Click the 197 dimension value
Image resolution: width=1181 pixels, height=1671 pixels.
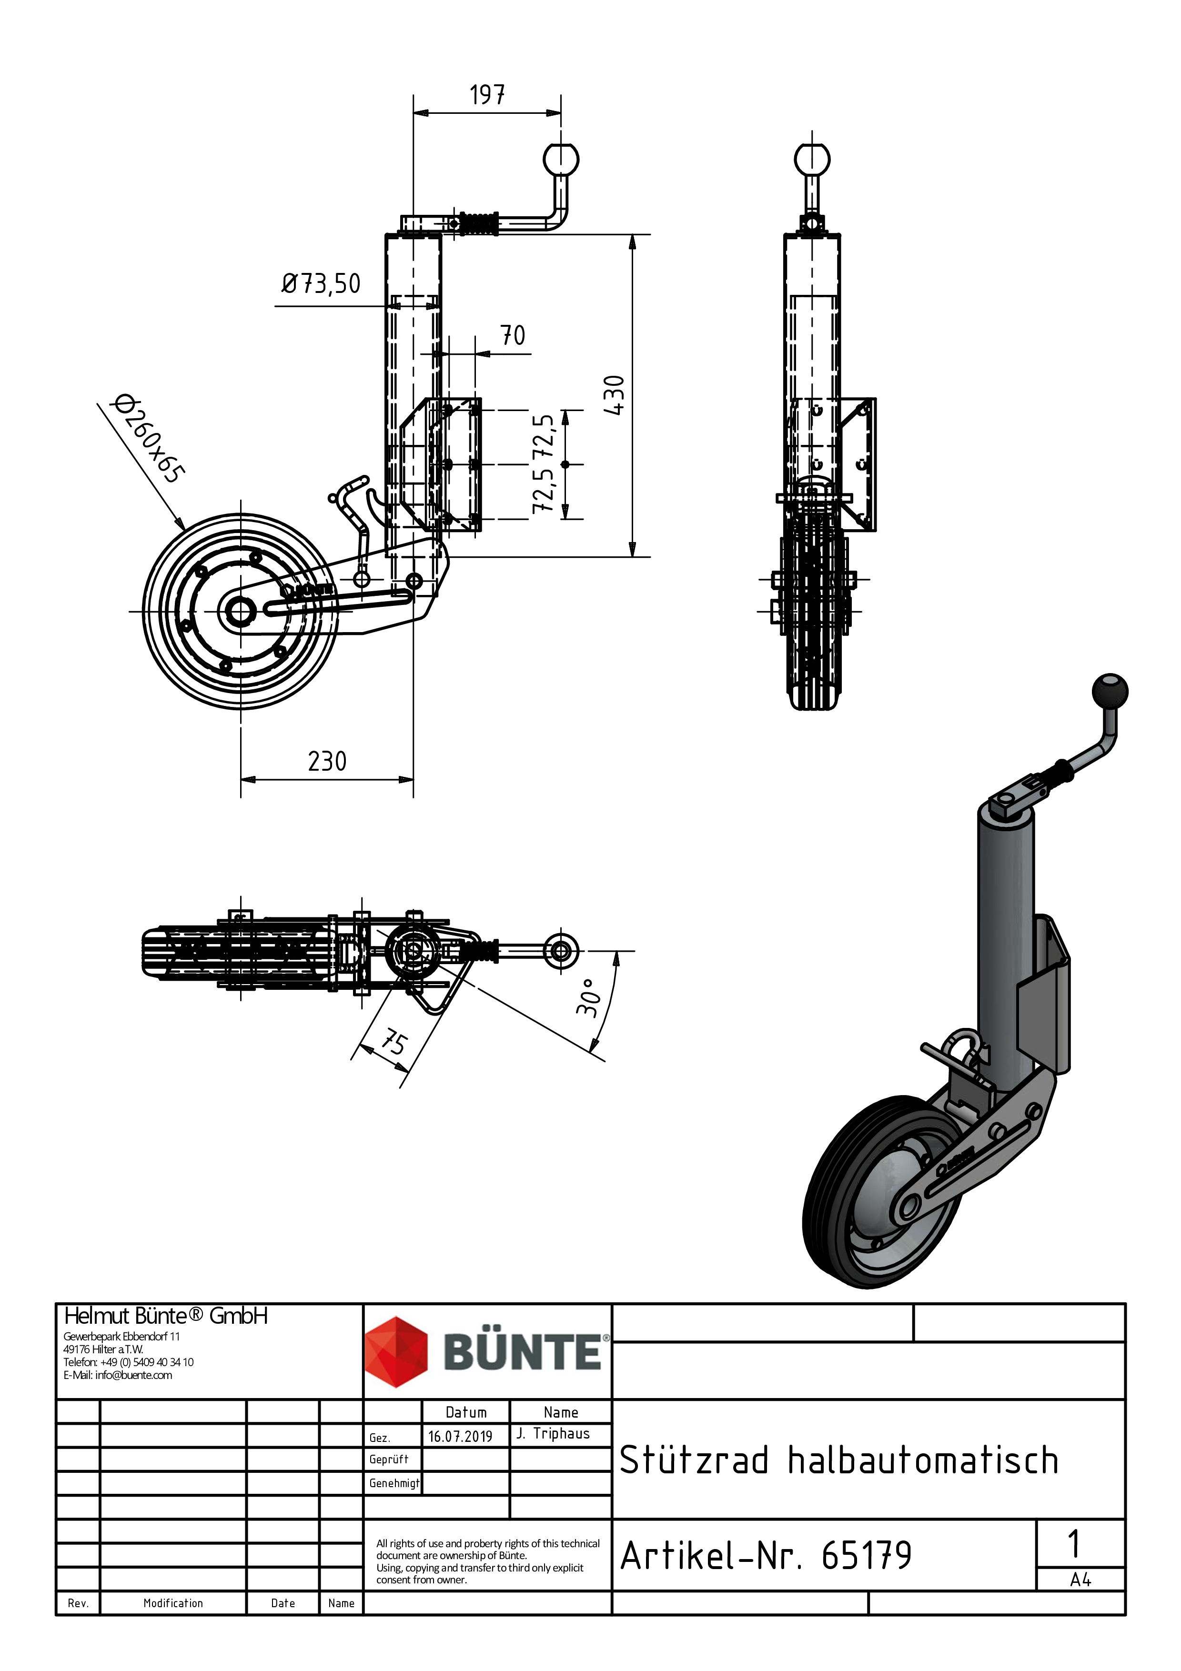pyautogui.click(x=487, y=95)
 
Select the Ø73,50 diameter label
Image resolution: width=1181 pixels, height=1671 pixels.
pyautogui.click(x=321, y=284)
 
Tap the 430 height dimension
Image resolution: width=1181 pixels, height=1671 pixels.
pyautogui.click(x=614, y=395)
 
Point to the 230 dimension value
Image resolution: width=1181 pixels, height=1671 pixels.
pyautogui.click(x=327, y=761)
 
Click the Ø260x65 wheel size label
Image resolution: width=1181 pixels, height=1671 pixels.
pyautogui.click(x=148, y=439)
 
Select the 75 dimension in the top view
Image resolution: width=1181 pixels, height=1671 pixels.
pyautogui.click(x=394, y=1042)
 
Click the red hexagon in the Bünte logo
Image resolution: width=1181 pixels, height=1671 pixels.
pyautogui.click(x=396, y=1351)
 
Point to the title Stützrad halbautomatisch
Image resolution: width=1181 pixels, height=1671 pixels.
pyautogui.click(x=838, y=1460)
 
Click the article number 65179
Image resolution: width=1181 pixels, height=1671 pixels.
pyautogui.click(x=866, y=1556)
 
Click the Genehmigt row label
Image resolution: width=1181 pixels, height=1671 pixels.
pyautogui.click(x=394, y=1482)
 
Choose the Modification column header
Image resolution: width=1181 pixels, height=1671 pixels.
pyautogui.click(x=173, y=1603)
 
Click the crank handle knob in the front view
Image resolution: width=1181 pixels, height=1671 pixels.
pyautogui.click(x=812, y=159)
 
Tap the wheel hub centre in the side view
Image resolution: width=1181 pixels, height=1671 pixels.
pyautogui.click(x=240, y=611)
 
